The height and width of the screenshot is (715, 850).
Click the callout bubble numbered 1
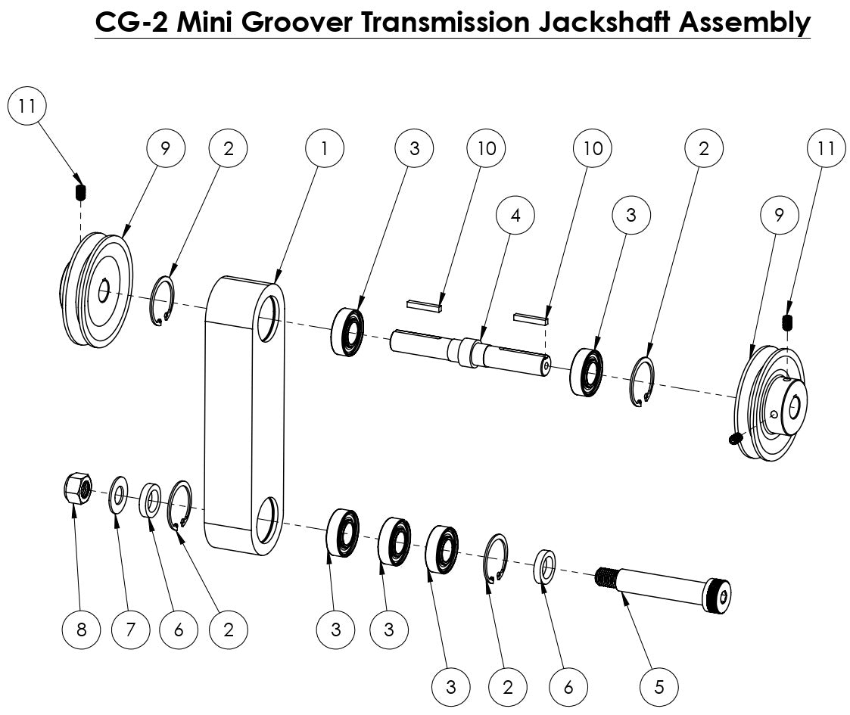pyautogui.click(x=324, y=148)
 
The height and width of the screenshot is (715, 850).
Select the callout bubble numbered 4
pyautogui.click(x=515, y=215)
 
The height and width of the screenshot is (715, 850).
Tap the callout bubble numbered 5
pyautogui.click(x=659, y=687)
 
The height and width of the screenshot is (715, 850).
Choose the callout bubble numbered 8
pyautogui.click(x=81, y=629)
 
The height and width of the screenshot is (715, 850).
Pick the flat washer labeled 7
pyautogui.click(x=119, y=495)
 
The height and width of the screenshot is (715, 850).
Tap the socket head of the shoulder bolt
pyautogui.click(x=719, y=597)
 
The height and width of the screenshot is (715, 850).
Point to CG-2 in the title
pyautogui.click(x=131, y=23)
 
